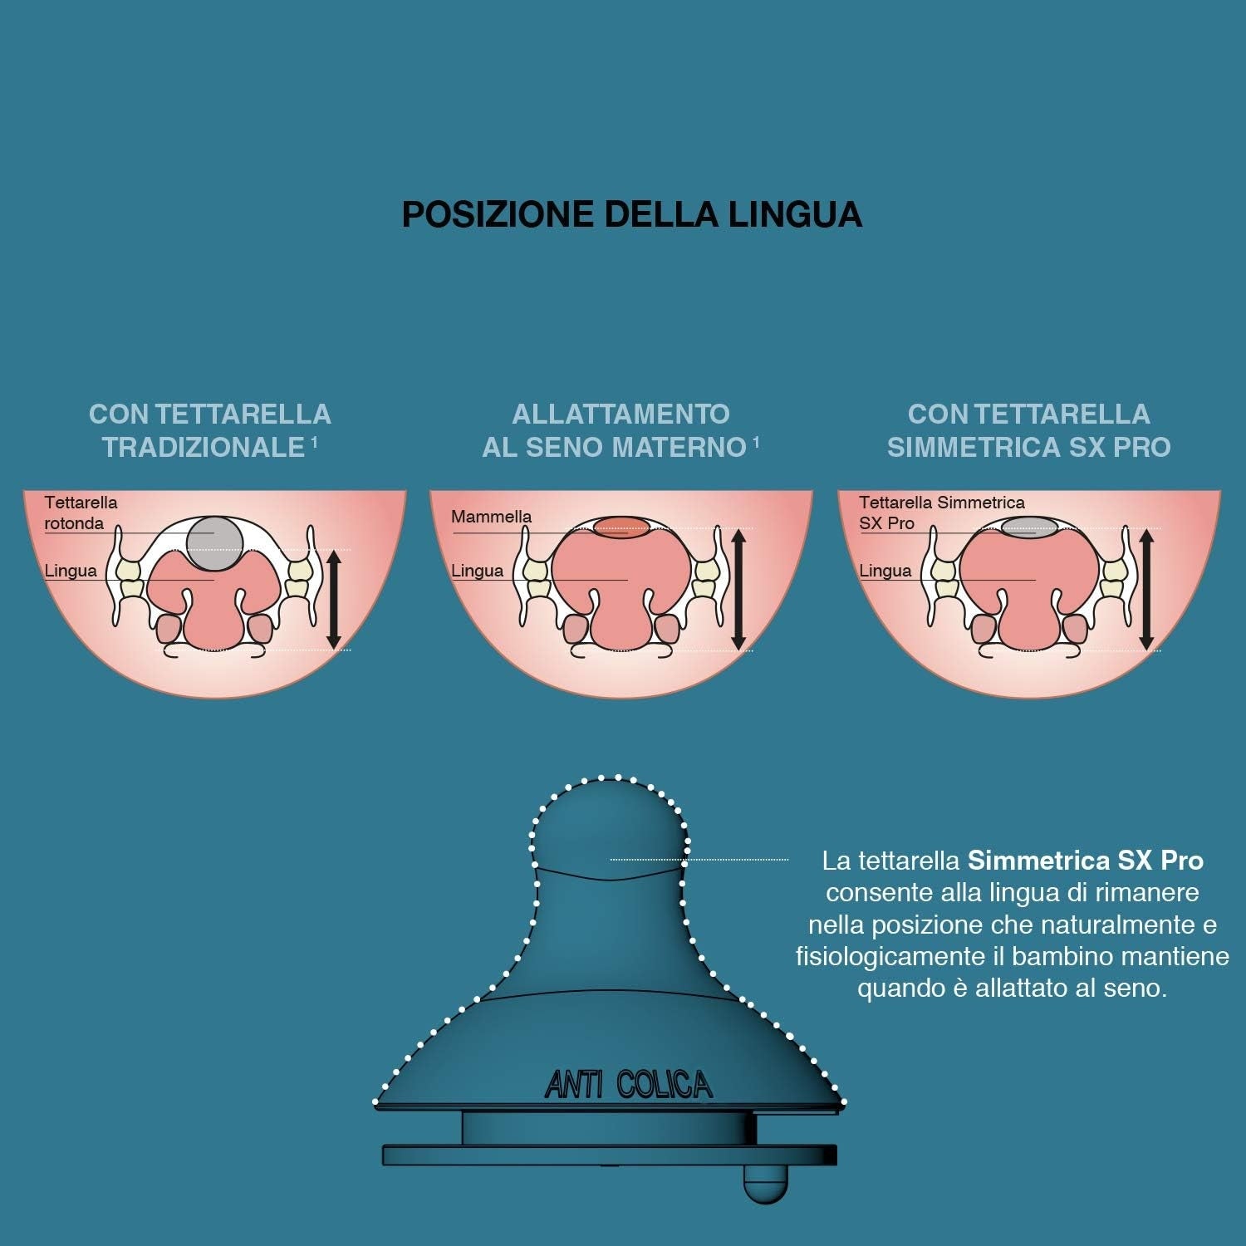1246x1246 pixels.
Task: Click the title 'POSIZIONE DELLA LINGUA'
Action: [632, 213]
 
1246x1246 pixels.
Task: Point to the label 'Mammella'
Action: [491, 516]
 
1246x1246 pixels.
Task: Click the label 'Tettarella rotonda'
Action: [81, 513]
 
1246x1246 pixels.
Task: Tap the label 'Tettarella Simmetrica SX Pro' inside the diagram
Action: [941, 513]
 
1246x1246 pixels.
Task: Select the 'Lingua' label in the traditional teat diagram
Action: [71, 571]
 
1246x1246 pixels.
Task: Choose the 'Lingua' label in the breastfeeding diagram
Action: [477, 571]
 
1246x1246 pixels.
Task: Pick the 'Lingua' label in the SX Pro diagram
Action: [885, 571]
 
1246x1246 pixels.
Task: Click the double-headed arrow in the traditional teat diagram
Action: [334, 599]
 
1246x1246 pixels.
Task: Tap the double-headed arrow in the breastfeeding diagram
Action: [738, 589]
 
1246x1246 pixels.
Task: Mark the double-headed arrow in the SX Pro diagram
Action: [1146, 589]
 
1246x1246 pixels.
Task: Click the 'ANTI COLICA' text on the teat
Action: [629, 1084]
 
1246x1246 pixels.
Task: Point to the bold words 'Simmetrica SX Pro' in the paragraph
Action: [1086, 860]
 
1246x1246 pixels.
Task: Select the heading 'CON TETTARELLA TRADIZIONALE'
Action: [209, 430]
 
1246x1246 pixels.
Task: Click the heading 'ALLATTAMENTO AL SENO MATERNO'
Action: [621, 430]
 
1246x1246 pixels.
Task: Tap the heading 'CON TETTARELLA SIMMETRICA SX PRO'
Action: [1028, 430]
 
